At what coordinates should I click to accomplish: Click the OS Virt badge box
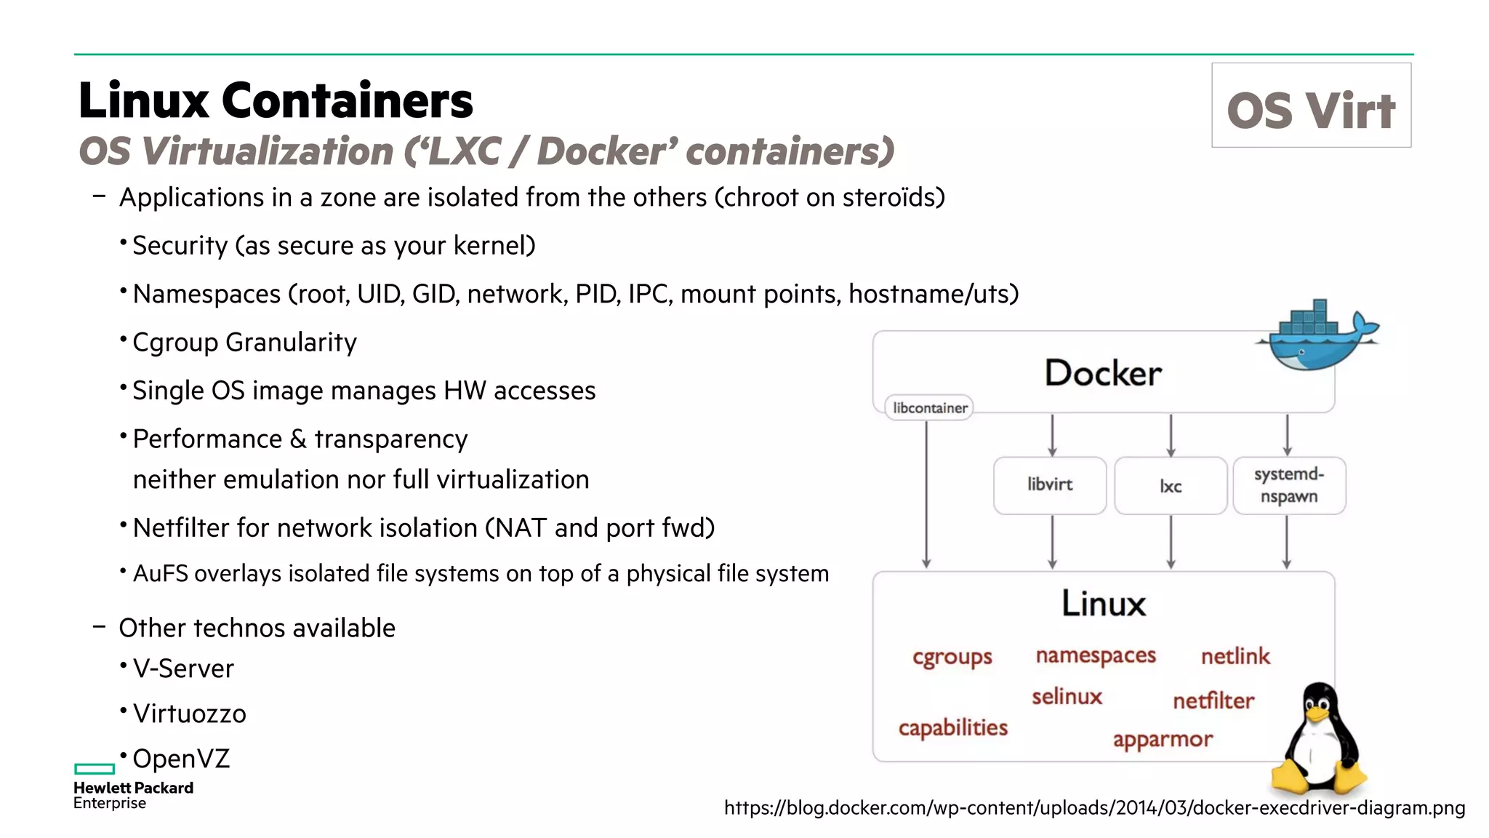pyautogui.click(x=1311, y=105)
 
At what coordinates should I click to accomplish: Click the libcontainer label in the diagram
pyautogui.click(x=929, y=408)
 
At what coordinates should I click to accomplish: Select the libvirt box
pyautogui.click(x=1049, y=485)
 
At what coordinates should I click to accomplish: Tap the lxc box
pyautogui.click(x=1170, y=486)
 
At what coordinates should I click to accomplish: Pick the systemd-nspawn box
pyautogui.click(x=1288, y=485)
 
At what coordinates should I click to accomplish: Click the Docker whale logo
pyautogui.click(x=1316, y=336)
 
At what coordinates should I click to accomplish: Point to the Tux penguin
pyautogui.click(x=1318, y=742)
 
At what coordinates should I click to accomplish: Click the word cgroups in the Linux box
pyautogui.click(x=952, y=657)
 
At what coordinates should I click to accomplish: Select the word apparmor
pyautogui.click(x=1162, y=740)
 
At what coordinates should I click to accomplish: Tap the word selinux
pyautogui.click(x=1067, y=697)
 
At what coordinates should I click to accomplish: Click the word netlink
pyautogui.click(x=1235, y=656)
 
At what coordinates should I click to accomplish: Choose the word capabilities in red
pyautogui.click(x=952, y=727)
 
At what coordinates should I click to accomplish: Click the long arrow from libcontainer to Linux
pyautogui.click(x=926, y=495)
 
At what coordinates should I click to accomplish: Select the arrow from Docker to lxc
pyautogui.click(x=1171, y=435)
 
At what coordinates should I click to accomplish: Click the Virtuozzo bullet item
pyautogui.click(x=189, y=714)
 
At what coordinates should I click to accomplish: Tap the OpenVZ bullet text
pyautogui.click(x=181, y=759)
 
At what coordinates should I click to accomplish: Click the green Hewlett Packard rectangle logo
pyautogui.click(x=95, y=769)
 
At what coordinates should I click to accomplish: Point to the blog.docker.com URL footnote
pyautogui.click(x=1094, y=807)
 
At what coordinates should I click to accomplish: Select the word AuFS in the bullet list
pyautogui.click(x=160, y=574)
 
